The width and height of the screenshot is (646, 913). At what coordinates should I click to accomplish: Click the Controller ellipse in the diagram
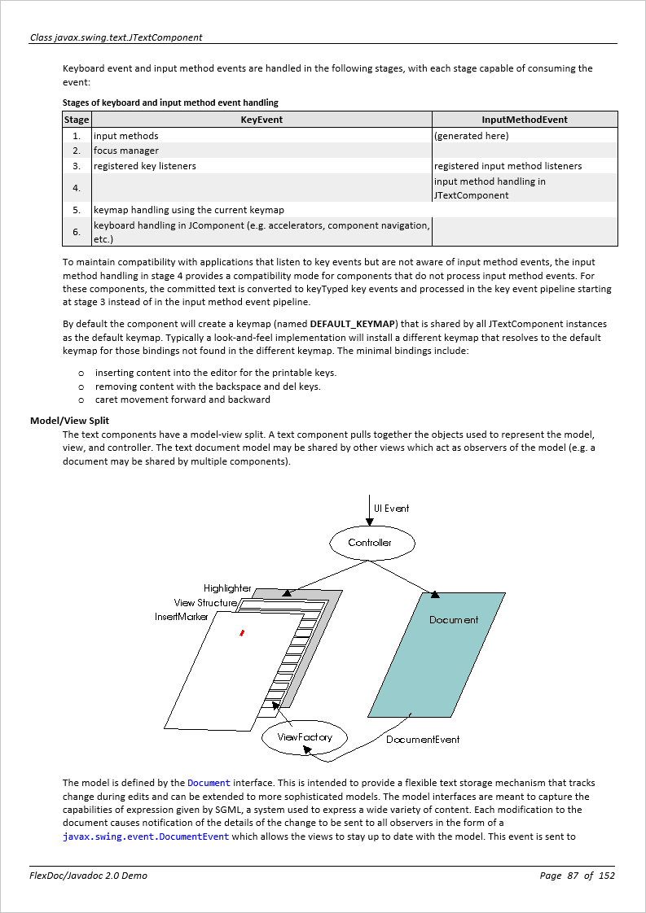[371, 543]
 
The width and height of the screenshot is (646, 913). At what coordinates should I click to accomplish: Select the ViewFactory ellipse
[305, 737]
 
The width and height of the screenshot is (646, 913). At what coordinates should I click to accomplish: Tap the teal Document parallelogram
[437, 655]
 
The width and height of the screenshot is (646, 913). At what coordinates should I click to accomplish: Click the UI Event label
[392, 509]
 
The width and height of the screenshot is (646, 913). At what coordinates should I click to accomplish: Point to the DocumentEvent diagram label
[423, 740]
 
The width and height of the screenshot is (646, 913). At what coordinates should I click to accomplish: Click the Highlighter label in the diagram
[227, 588]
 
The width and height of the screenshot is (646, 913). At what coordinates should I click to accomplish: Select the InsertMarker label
[182, 617]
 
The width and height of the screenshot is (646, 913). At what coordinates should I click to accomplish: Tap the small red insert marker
[242, 632]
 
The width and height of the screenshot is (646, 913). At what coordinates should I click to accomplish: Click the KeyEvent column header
[261, 120]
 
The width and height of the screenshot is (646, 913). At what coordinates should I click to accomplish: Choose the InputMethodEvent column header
[525, 120]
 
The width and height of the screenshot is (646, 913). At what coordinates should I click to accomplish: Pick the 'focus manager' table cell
[126, 151]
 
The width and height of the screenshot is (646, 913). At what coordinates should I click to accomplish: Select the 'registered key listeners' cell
[145, 166]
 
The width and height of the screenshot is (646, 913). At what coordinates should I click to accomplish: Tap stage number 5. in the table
[77, 210]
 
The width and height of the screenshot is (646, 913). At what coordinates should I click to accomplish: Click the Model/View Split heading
[69, 421]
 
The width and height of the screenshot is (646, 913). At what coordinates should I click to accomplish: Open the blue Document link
[209, 783]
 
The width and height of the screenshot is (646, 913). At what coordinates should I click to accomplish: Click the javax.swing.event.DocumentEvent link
[146, 837]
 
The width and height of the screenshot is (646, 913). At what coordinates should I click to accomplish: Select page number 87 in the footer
[573, 876]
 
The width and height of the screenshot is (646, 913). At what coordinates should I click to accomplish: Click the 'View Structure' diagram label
[205, 603]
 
